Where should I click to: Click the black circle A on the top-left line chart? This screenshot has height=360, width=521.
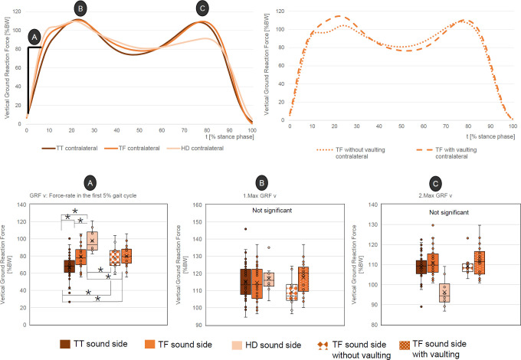(34, 36)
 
